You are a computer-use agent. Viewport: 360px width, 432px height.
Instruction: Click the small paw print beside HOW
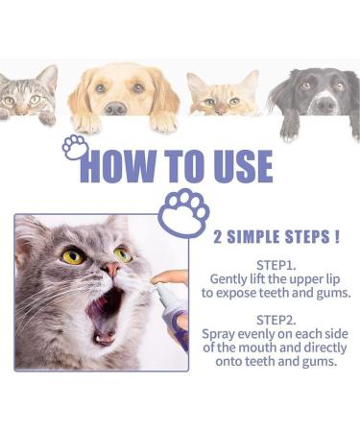click(73, 147)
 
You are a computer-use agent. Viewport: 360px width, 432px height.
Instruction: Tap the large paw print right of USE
click(182, 211)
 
